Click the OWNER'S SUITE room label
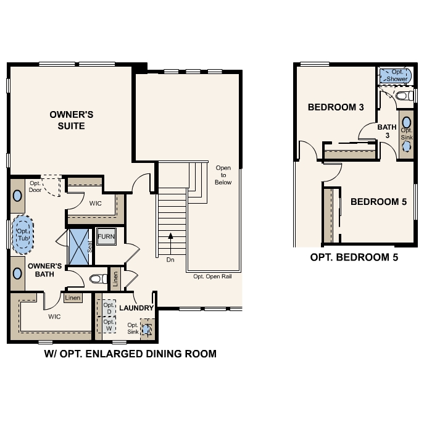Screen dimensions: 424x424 point(72,120)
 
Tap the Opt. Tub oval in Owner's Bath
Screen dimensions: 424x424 point(23,234)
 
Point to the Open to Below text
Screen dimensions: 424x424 point(223,175)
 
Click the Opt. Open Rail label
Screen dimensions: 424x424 point(212,276)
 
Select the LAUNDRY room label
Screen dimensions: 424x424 point(136,307)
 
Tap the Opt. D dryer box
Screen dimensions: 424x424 point(109,309)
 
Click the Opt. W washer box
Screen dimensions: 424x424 point(109,325)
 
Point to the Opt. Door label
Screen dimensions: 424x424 point(35,186)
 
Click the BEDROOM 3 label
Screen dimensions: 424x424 point(336,107)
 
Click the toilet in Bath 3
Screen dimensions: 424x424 point(404,96)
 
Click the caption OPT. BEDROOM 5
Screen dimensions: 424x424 point(354,257)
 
